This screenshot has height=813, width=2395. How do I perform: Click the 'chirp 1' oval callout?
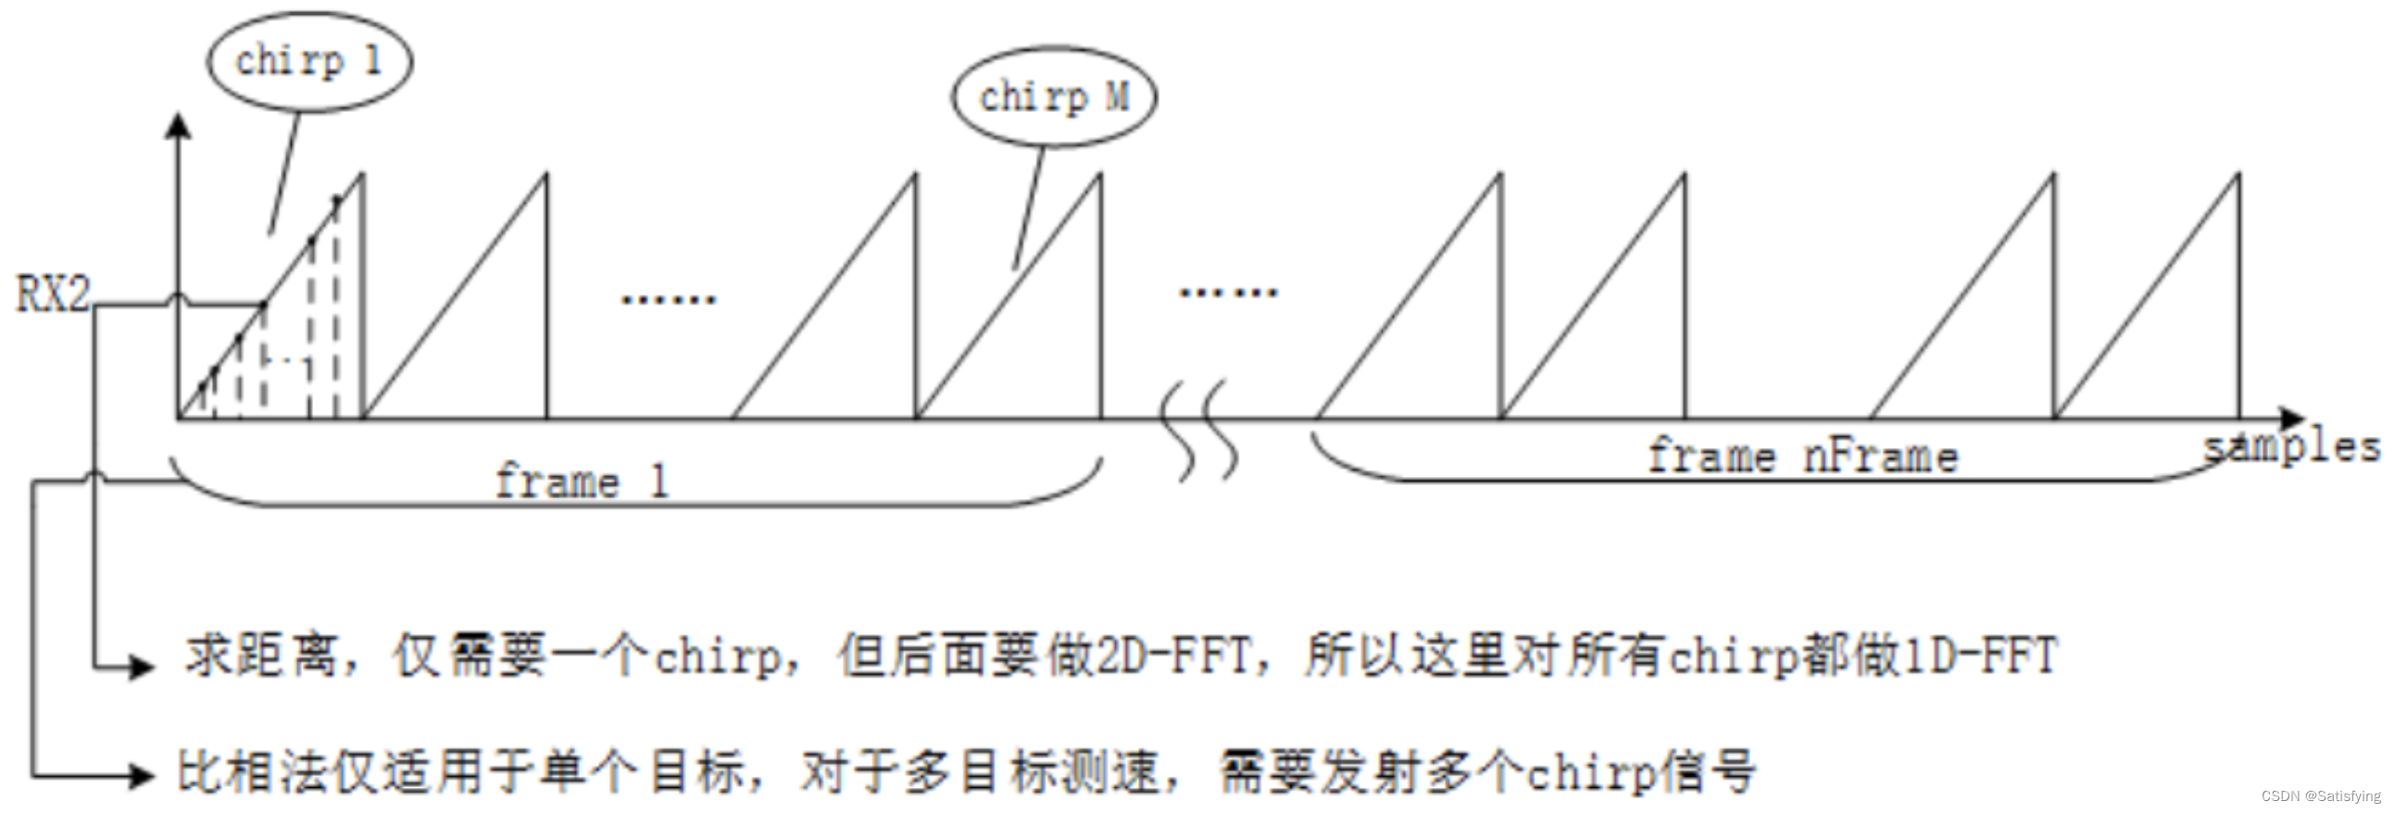(x=308, y=62)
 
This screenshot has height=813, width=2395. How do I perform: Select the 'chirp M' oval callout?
(x=1053, y=96)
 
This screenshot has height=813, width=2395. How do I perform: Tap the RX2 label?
(x=53, y=294)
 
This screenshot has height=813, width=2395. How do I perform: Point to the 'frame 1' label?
(x=581, y=482)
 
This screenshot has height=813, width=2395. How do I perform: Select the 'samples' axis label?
(x=2292, y=448)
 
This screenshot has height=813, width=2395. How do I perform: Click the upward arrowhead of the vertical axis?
(x=178, y=125)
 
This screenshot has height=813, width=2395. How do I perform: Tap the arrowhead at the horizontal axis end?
(x=2293, y=419)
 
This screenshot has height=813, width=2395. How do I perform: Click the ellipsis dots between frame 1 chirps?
(x=669, y=299)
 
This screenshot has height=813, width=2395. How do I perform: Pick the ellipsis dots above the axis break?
(x=1228, y=292)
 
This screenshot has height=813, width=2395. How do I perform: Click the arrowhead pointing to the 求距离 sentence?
(x=143, y=665)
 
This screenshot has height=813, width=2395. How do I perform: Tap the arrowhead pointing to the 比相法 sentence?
(x=143, y=774)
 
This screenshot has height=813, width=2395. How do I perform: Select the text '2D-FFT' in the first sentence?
(x=1174, y=655)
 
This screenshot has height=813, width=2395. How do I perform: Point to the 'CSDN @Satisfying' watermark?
(x=2321, y=796)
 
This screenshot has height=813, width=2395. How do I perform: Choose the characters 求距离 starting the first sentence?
(x=260, y=655)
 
